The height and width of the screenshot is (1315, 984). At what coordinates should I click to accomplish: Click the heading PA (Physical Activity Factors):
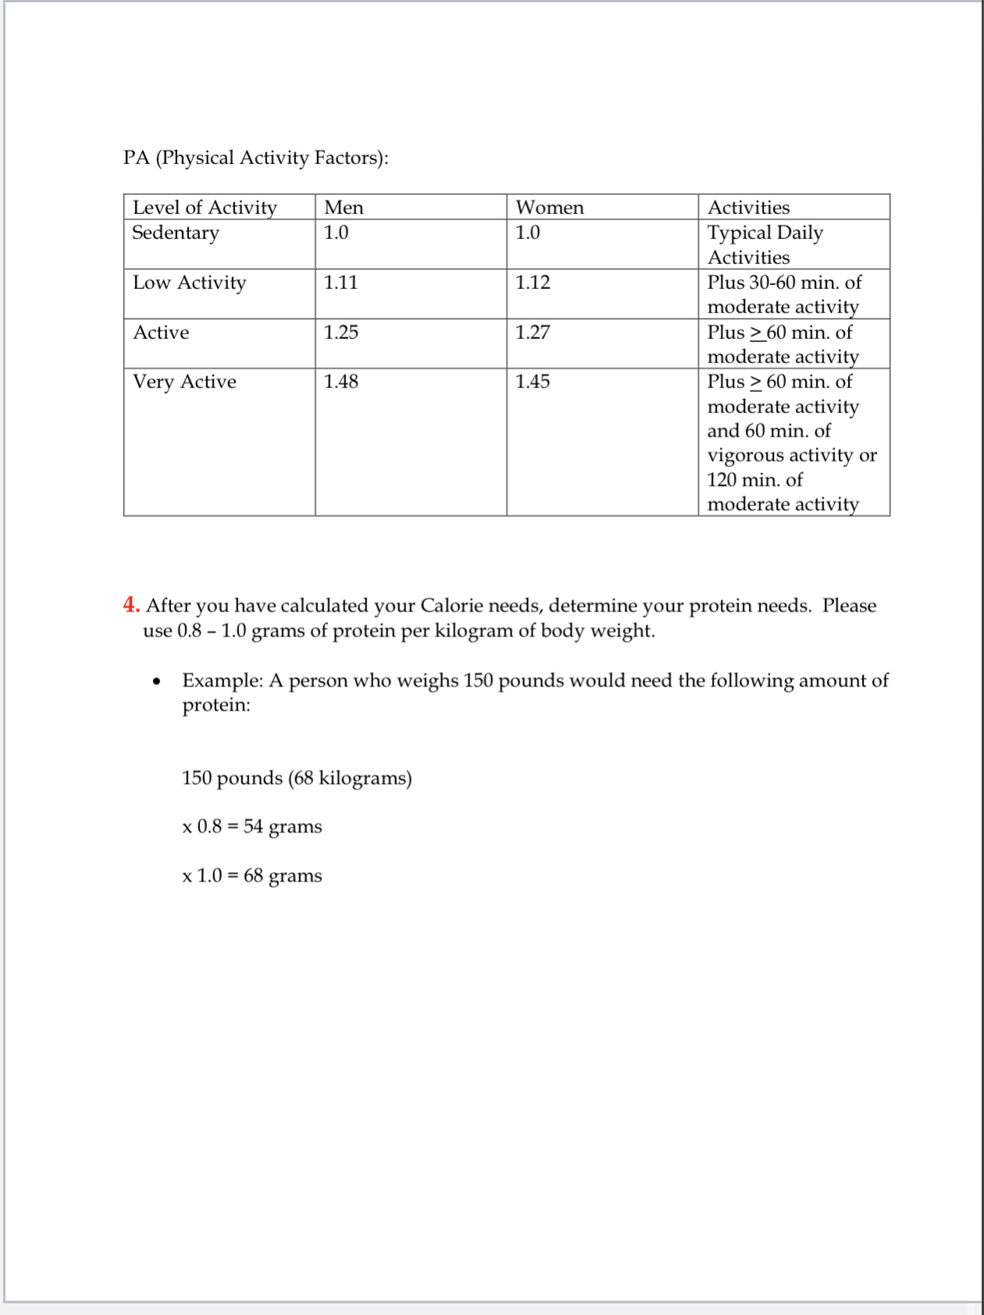255,158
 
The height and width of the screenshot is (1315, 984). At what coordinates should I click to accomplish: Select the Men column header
344,207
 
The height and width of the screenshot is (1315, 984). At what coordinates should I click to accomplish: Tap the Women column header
549,207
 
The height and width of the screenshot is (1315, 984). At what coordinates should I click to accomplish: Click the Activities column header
748,207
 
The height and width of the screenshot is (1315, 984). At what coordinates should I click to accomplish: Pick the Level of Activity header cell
205,207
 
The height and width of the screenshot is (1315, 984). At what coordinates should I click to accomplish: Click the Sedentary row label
176,233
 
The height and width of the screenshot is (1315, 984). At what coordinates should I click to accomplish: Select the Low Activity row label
189,283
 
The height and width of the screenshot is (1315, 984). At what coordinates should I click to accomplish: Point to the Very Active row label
184,382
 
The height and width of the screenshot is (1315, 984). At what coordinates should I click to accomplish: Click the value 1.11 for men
340,283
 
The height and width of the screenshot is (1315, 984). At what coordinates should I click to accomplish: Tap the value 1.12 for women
533,283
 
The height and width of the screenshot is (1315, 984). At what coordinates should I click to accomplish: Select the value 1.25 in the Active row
341,333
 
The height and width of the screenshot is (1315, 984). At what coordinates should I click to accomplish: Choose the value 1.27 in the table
533,333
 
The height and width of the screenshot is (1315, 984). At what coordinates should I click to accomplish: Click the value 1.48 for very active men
341,382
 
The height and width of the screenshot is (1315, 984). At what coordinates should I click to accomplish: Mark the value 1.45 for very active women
533,382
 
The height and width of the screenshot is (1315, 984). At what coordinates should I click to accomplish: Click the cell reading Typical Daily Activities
765,244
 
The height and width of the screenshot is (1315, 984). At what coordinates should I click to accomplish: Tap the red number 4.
130,605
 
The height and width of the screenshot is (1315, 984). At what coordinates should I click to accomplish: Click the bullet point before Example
157,682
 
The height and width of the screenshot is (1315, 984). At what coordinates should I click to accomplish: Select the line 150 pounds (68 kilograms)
297,778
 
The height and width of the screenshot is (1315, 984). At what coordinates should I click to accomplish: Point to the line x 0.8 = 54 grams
251,826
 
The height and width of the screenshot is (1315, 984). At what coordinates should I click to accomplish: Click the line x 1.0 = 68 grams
251,875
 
